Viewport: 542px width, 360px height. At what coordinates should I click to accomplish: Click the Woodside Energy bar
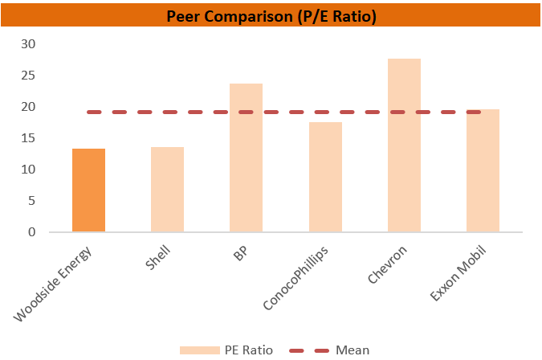point(88,190)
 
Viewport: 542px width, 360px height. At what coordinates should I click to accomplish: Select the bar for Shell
point(167,190)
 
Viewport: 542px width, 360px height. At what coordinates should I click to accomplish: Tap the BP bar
point(246,157)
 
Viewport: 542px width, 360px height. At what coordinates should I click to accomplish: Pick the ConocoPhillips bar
point(325,177)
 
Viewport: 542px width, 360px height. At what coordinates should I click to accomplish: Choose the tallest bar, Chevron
point(404,145)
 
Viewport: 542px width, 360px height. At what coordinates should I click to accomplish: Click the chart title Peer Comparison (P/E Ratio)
point(271,15)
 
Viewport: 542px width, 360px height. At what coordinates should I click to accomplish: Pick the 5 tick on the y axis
point(31,201)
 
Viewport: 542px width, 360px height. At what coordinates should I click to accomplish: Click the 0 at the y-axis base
point(31,232)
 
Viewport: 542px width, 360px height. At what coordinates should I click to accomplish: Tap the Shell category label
point(157,260)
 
